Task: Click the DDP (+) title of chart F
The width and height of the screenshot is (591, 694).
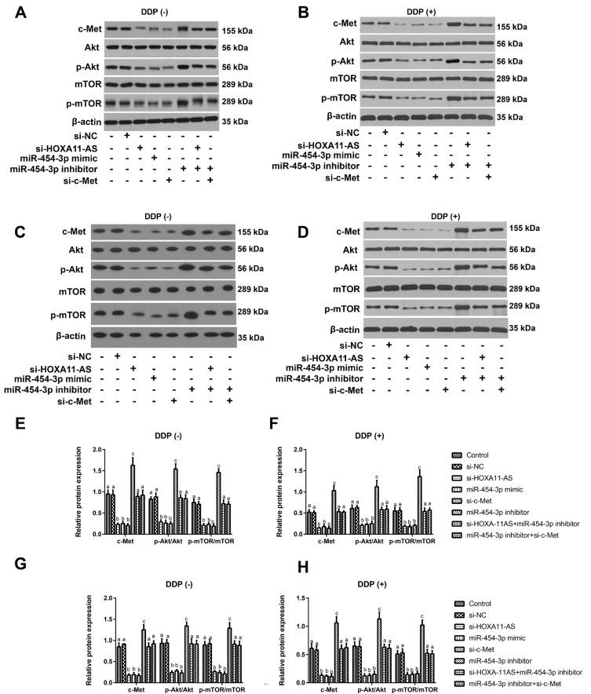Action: [394, 433]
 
